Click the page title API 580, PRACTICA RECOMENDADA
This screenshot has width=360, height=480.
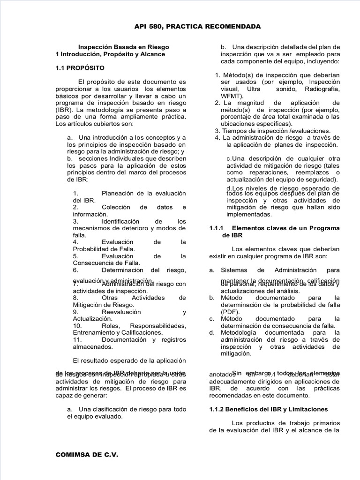click(198, 27)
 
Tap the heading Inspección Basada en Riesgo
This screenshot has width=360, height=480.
click(123, 47)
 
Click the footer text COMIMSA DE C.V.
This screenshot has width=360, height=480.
click(87, 454)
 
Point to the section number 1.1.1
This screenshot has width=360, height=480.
click(217, 227)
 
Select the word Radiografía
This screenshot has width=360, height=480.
click(322, 89)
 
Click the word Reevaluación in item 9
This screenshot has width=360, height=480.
click(121, 312)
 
